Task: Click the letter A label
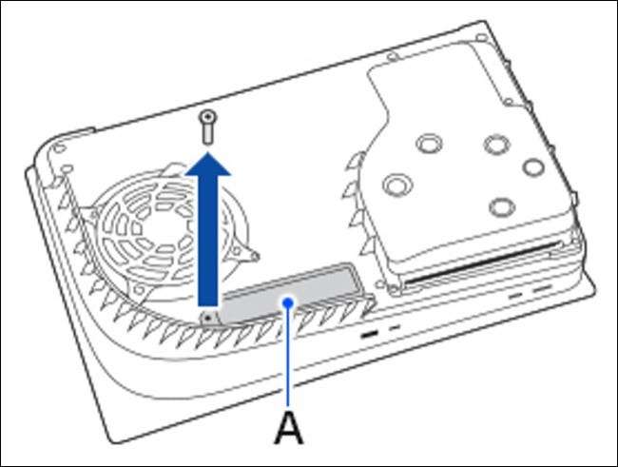(289, 428)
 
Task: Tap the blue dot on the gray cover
(288, 302)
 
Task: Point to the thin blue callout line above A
(288, 357)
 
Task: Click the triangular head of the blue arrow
(207, 164)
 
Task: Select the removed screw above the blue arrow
(207, 127)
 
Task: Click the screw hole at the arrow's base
(208, 318)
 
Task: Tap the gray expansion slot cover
(291, 292)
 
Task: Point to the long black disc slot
(482, 263)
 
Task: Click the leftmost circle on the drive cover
(397, 185)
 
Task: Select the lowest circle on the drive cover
(502, 206)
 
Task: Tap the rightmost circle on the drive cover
(533, 167)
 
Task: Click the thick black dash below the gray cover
(369, 335)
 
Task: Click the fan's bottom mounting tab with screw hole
(139, 291)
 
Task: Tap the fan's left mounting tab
(89, 213)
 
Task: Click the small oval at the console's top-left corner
(60, 148)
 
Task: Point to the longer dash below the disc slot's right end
(541, 289)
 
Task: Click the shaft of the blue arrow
(207, 240)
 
